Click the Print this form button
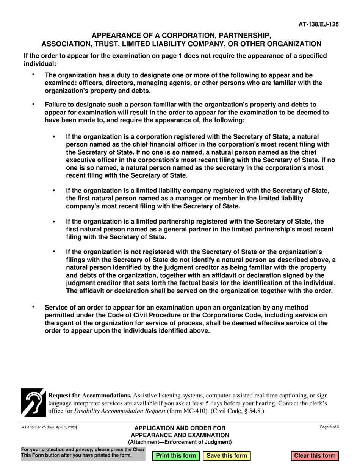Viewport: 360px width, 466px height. [x=176, y=456]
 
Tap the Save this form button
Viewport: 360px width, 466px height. [x=227, y=456]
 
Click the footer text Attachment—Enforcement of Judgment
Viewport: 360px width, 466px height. [x=180, y=442]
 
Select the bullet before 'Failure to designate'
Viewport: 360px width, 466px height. [x=33, y=103]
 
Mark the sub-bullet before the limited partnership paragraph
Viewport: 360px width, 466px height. [x=54, y=221]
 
